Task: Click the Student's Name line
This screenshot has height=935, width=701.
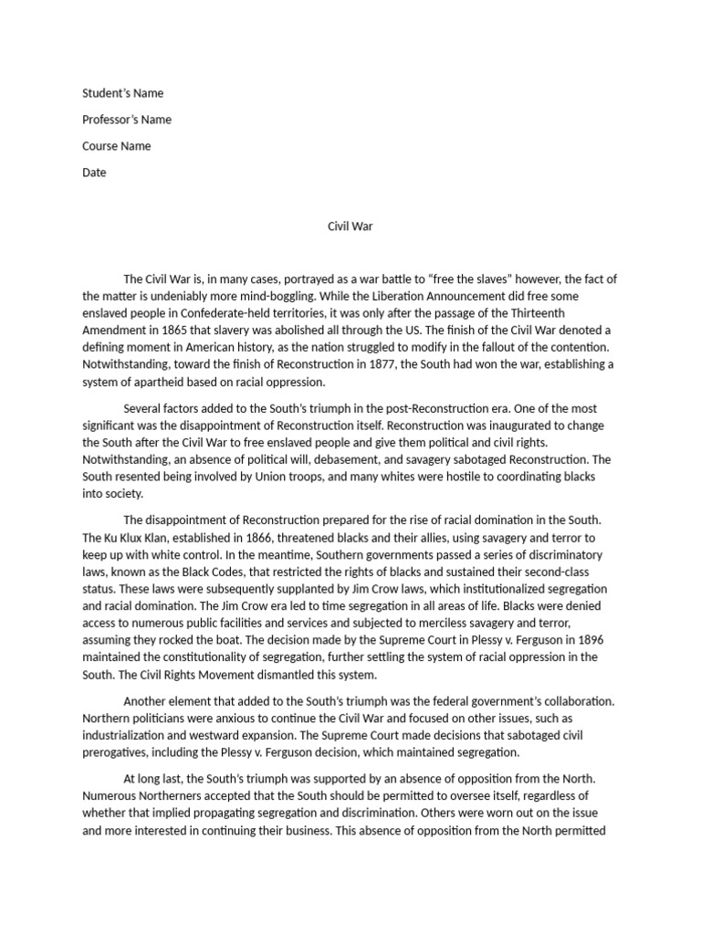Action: pyautogui.click(x=123, y=93)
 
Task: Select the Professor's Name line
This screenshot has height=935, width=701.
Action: pyautogui.click(x=127, y=120)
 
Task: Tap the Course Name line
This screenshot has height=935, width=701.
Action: pyautogui.click(x=117, y=146)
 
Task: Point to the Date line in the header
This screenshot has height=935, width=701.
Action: pyautogui.click(x=94, y=173)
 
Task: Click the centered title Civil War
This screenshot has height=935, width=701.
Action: pyautogui.click(x=350, y=226)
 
